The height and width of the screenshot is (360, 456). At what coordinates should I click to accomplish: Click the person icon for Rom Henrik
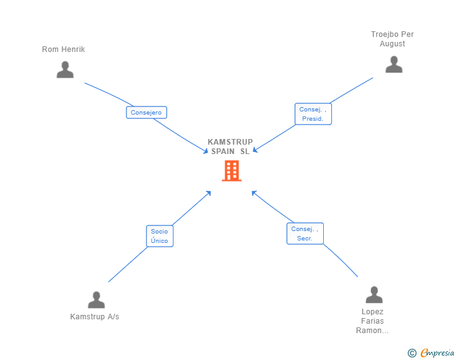click(x=65, y=69)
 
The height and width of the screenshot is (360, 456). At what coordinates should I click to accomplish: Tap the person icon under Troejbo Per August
click(x=393, y=64)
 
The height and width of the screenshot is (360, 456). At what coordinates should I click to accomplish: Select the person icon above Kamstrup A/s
click(x=96, y=300)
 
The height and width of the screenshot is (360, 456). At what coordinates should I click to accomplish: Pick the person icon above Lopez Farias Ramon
click(x=373, y=295)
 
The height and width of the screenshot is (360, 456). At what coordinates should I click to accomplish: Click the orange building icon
click(x=231, y=170)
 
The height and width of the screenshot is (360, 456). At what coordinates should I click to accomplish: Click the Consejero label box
click(x=147, y=113)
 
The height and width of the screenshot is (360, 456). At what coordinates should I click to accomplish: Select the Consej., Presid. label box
click(x=313, y=114)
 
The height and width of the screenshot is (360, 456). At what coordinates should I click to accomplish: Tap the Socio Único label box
click(x=159, y=236)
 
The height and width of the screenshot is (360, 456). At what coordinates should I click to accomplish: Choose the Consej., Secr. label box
click(x=305, y=234)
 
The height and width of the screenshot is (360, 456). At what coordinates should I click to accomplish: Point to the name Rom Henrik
click(x=63, y=49)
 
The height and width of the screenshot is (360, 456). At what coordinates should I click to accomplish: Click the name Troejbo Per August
click(x=392, y=39)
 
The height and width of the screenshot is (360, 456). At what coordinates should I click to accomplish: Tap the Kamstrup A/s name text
click(x=95, y=317)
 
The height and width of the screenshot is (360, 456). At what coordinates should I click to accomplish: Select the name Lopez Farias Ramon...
click(x=373, y=321)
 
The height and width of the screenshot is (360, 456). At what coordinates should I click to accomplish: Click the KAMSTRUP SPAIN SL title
click(x=231, y=147)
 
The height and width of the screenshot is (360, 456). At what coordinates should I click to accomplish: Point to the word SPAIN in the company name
click(x=223, y=151)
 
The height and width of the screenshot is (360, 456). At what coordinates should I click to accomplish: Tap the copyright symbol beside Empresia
click(x=412, y=354)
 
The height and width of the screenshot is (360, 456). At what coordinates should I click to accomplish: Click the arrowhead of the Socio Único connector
click(x=209, y=192)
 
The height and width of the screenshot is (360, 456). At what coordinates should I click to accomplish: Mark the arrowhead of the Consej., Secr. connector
click(x=254, y=192)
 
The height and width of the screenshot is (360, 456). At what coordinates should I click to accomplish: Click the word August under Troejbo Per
click(x=392, y=44)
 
